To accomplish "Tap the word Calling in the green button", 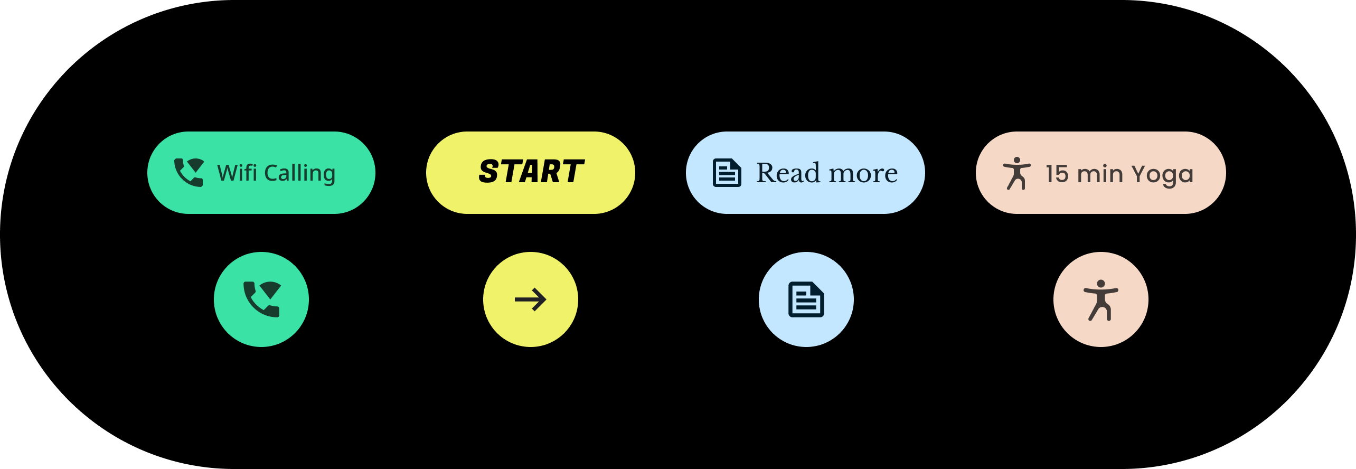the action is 299,173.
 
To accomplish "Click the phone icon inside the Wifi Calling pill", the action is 189,173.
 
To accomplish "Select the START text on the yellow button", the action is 531,172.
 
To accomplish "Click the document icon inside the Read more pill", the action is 727,173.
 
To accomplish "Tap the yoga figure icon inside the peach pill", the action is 1016,173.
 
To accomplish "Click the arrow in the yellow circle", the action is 530,299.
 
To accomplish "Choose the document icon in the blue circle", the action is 806,299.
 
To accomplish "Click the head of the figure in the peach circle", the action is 1101,284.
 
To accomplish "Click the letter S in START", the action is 489,172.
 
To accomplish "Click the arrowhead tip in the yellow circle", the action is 545,299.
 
